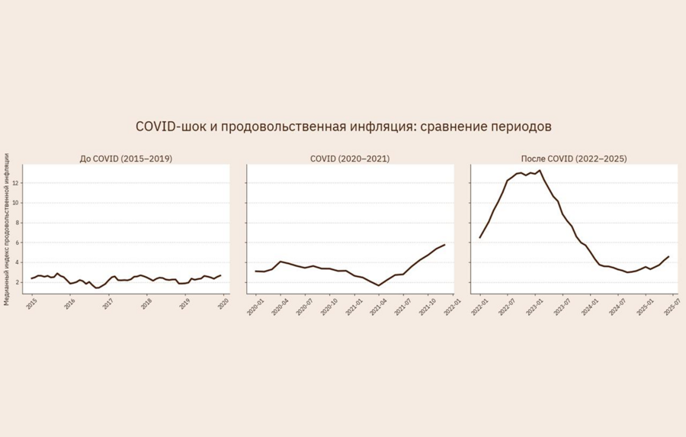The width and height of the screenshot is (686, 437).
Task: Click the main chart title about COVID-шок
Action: coord(343,126)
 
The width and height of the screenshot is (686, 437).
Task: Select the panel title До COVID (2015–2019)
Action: coord(126,159)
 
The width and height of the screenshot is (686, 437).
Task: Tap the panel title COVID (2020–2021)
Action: coord(350,159)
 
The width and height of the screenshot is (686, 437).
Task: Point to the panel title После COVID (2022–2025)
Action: coord(574,159)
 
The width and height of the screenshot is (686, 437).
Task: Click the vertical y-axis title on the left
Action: coord(7,229)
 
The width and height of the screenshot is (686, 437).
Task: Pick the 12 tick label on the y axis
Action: coord(16,184)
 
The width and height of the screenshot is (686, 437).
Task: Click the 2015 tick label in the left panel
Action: coord(31,303)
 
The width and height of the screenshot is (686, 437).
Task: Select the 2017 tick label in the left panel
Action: coord(108,303)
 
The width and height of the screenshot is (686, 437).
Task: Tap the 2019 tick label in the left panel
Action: coord(184,303)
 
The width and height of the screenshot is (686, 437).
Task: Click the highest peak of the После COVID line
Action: coord(539,171)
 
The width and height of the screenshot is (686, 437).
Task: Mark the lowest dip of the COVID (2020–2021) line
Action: coord(379,285)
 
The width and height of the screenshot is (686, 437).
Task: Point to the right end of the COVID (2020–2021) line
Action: coord(444,245)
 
